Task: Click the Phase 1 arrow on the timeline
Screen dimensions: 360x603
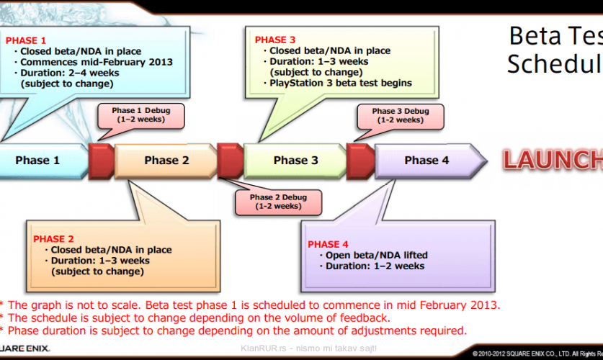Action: point(40,160)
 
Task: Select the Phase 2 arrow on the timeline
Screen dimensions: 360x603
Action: point(166,160)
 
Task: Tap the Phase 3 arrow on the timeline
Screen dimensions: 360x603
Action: point(295,160)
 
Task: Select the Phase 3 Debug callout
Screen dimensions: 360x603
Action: point(400,115)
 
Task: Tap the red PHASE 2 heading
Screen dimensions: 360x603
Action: point(53,238)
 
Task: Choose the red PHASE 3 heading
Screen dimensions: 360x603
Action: point(275,40)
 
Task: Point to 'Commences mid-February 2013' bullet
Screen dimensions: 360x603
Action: point(96,62)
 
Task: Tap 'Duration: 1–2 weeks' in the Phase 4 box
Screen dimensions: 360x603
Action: point(375,266)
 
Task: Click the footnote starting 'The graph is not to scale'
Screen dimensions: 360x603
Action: point(252,305)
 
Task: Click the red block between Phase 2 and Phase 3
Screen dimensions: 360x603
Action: point(229,160)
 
